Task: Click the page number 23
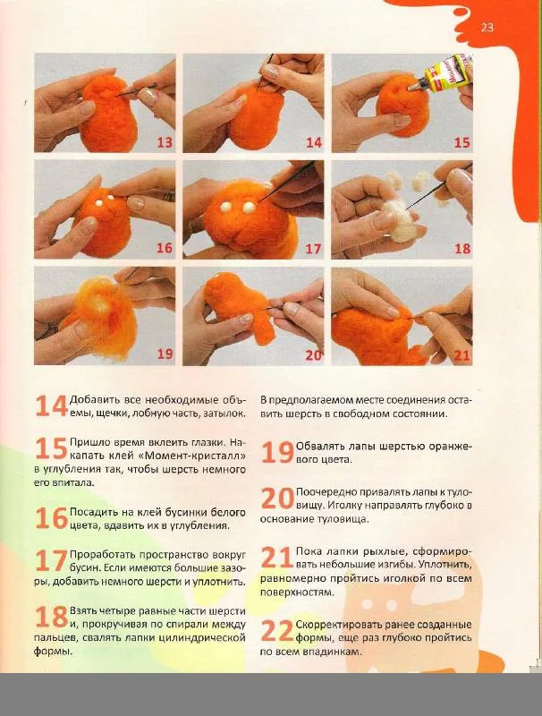coord(487,28)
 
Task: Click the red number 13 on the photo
coord(165,142)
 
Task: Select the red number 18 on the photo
coord(462,249)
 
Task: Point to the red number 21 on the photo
coord(462,355)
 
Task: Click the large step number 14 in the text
coord(51,405)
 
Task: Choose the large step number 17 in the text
coord(51,561)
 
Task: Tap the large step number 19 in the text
coord(277,453)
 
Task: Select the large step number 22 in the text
coord(277,631)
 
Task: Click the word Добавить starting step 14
coord(93,400)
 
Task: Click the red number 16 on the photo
coord(165,249)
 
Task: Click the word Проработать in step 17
coord(102,555)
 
